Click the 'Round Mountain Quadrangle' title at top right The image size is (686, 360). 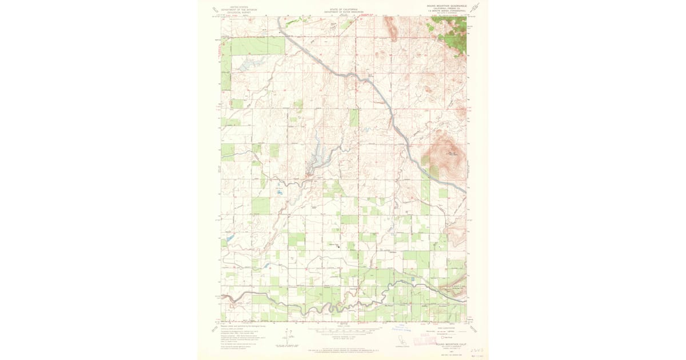[x=447, y=6]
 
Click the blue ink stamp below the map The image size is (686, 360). [x=402, y=327]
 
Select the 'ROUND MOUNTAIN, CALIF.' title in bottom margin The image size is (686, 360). [x=451, y=345]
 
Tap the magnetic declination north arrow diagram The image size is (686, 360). [x=288, y=337]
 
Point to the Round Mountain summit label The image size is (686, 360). [x=451, y=153]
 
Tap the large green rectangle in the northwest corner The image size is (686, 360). [x=257, y=46]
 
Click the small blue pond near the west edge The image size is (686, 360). [x=229, y=238]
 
